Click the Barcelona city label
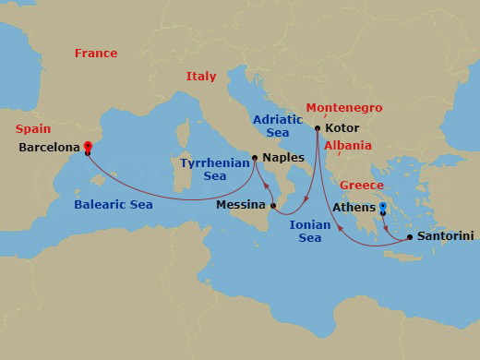49,147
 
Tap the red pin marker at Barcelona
88,145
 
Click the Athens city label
354,208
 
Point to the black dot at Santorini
409,237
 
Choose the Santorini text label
446,237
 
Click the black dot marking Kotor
318,128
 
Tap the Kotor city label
342,129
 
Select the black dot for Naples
254,157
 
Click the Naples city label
282,157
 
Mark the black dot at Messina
273,205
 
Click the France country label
96,54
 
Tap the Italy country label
200,77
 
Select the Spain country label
34,128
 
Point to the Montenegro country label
343,107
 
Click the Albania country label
348,146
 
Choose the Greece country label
361,185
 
